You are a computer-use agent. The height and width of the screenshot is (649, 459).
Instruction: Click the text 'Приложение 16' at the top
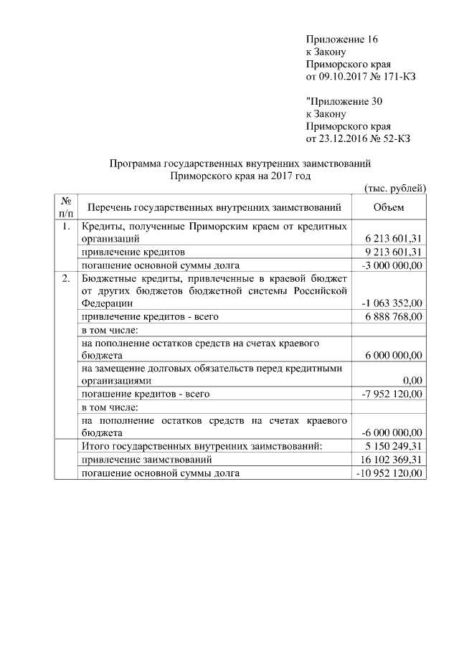click(x=341, y=39)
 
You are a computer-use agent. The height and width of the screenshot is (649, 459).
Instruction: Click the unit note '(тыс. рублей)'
click(x=396, y=188)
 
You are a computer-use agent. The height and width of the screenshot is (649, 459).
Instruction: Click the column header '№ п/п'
click(x=65, y=208)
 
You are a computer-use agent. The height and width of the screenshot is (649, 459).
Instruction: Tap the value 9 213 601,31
click(x=394, y=252)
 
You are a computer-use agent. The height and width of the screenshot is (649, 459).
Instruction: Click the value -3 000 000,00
click(x=392, y=265)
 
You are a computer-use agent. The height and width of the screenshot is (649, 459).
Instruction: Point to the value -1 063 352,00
click(x=392, y=303)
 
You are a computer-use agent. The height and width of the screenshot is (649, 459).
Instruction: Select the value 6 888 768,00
click(x=394, y=316)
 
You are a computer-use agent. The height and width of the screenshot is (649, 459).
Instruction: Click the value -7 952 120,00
click(x=392, y=394)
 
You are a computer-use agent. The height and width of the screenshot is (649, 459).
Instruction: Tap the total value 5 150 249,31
click(x=394, y=446)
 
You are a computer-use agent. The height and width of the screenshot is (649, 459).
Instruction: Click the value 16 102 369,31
click(x=392, y=460)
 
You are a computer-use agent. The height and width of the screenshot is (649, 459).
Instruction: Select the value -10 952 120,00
click(x=389, y=473)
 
